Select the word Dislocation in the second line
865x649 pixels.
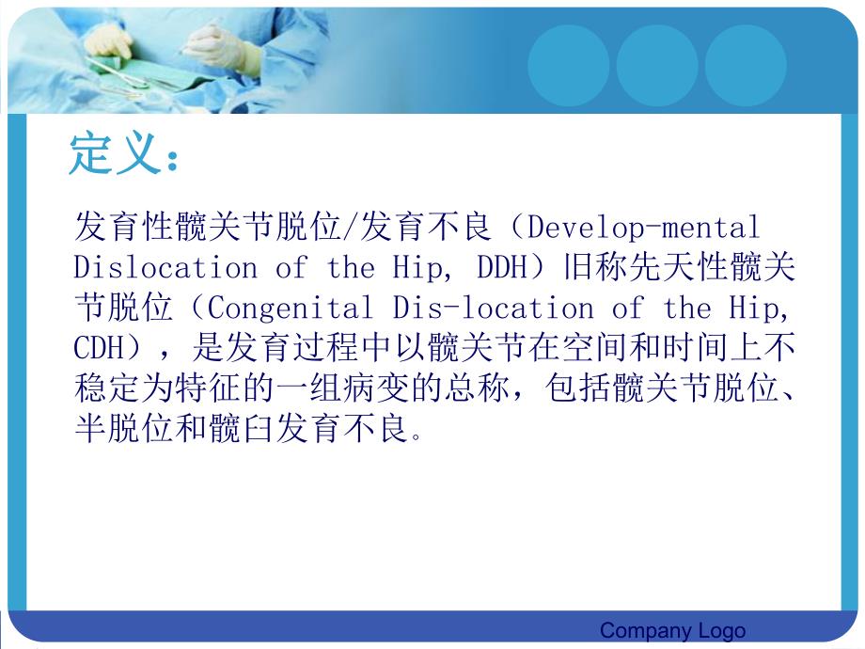[x=165, y=268]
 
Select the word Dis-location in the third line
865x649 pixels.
[x=494, y=309]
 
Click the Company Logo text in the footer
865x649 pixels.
[x=672, y=630]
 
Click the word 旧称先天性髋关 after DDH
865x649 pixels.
[x=679, y=268]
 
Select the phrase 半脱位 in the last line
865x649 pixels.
[x=122, y=430]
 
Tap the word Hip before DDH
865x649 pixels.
[x=415, y=268]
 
